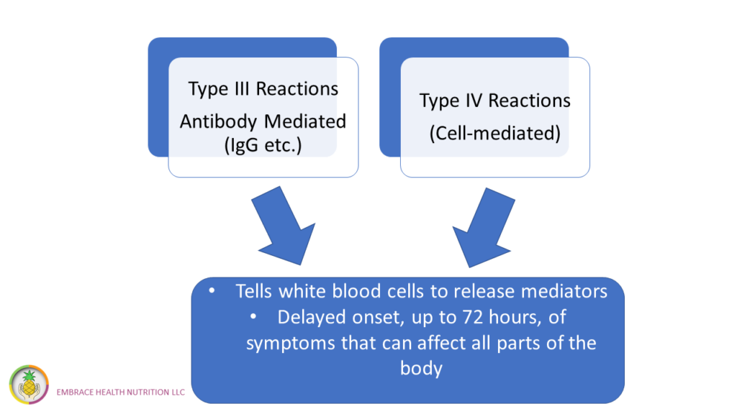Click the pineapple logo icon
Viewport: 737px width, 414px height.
pos(29,385)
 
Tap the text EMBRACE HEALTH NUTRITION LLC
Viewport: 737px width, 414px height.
pos(121,392)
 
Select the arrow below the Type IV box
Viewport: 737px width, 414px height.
pos(483,228)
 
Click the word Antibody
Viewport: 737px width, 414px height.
pos(218,121)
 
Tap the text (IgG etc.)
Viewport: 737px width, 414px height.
pos(263,145)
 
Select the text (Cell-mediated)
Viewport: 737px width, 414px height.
pos(495,133)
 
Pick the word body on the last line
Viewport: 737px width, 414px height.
pos(421,369)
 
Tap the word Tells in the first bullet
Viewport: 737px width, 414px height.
pos(254,292)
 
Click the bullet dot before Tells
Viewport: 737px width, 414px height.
pos(212,291)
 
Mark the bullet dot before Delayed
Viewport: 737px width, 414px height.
pos(253,317)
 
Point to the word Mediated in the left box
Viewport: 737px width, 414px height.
pos(305,121)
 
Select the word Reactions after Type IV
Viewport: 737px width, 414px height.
pos(529,101)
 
